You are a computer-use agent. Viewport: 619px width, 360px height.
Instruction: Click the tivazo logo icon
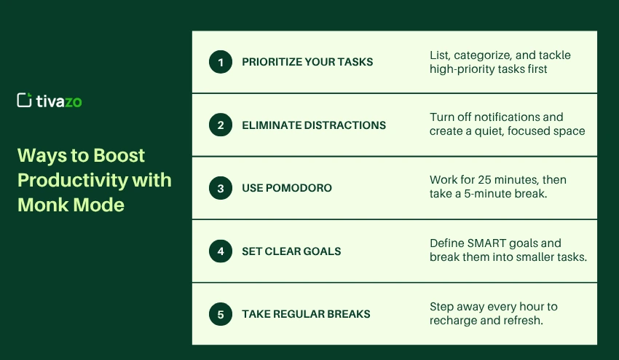pos(24,101)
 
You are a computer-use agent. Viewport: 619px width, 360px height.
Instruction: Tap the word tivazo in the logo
pos(59,101)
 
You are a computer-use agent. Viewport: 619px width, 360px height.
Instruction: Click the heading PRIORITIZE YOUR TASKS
pos(307,62)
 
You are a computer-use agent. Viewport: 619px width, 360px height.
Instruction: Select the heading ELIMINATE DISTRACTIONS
pos(314,125)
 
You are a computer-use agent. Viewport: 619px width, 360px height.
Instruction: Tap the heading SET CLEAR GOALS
pos(291,251)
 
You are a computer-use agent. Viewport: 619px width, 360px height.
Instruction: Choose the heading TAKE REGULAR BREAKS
pos(306,314)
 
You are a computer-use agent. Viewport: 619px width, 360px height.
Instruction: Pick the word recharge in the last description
pos(453,321)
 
